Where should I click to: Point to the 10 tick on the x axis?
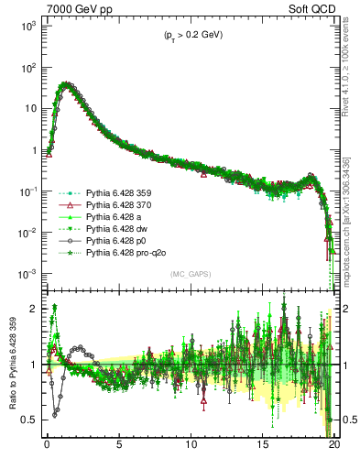tap(191, 449)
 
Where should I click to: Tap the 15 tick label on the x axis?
tap(263, 449)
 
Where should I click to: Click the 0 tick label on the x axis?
tap(47, 449)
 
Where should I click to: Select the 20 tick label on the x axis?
tap(334, 449)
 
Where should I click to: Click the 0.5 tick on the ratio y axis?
tap(32, 420)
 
